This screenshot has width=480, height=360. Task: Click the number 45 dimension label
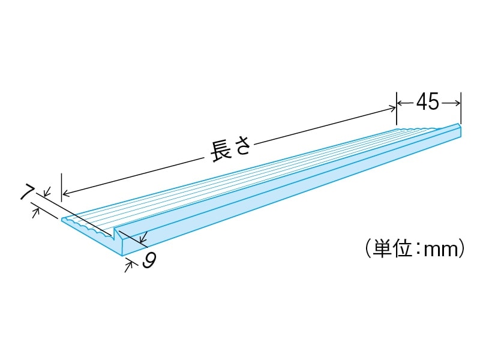(x=428, y=103)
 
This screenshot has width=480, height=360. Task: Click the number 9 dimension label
(x=150, y=260)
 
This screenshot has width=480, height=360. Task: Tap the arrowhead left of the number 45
(x=400, y=103)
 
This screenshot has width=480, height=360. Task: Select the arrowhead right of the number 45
(x=457, y=103)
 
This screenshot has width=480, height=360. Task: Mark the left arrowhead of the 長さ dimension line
(x=66, y=194)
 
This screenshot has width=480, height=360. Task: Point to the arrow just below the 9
(x=128, y=265)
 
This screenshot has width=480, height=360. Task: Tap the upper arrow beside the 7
(x=47, y=193)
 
